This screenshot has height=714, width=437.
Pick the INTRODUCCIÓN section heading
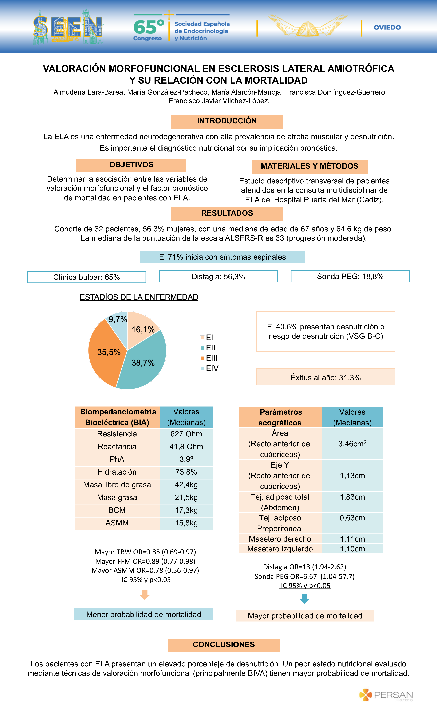(x=227, y=121)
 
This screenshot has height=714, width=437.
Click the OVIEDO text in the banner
(x=387, y=28)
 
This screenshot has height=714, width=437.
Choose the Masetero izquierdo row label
(x=280, y=549)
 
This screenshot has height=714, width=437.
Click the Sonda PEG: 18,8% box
(x=350, y=276)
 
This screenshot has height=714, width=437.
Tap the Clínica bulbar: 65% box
(x=86, y=277)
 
